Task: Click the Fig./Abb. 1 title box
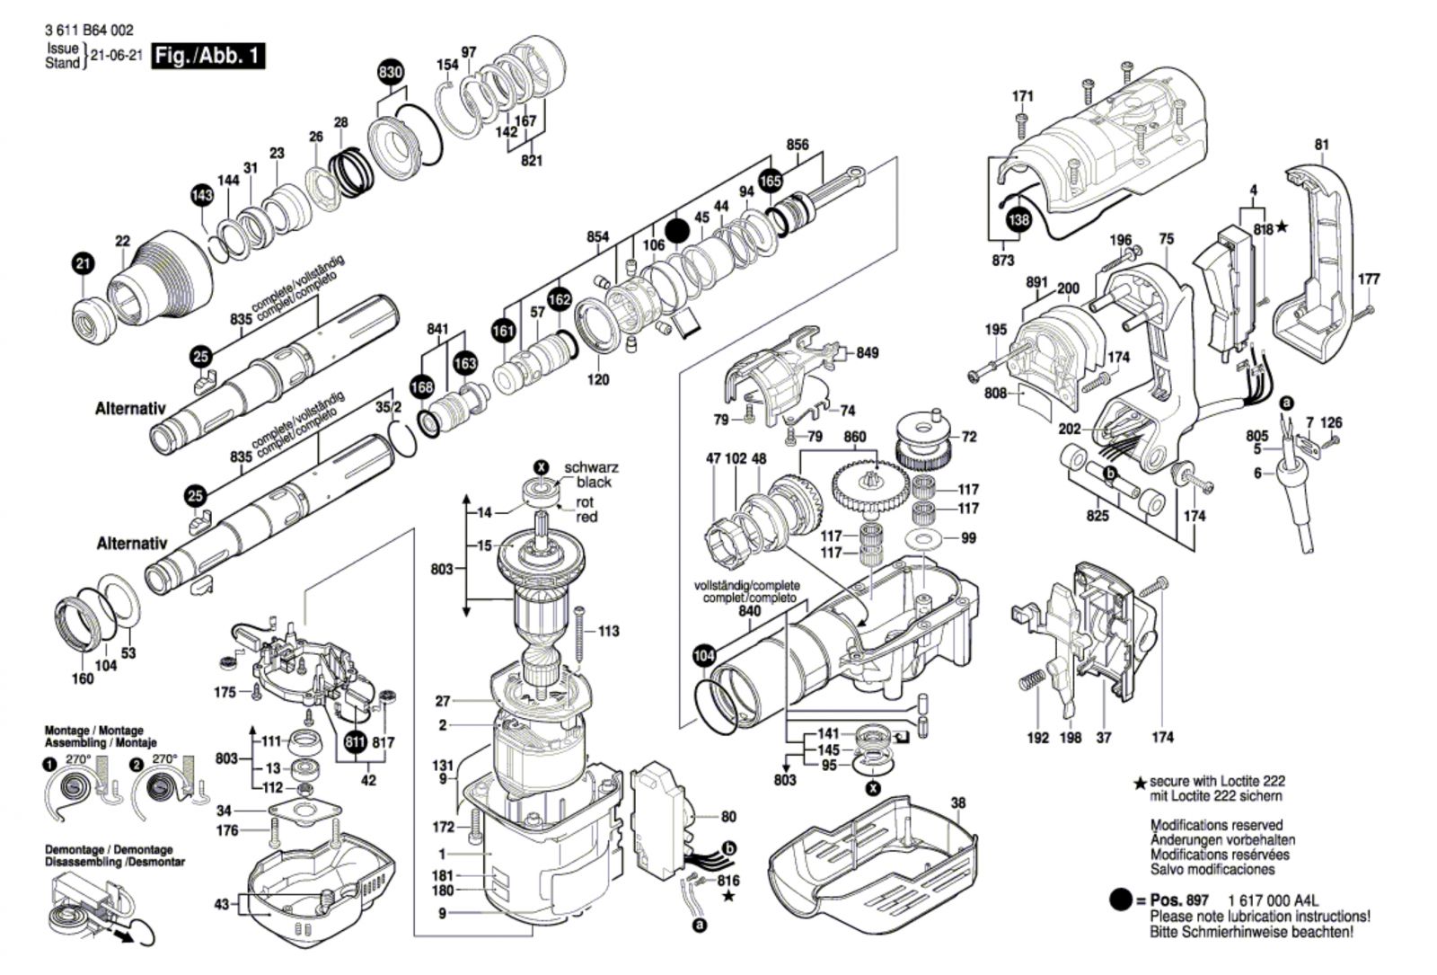[208, 56]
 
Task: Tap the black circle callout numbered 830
[390, 73]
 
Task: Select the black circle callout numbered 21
[83, 264]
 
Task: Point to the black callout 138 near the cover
[1018, 219]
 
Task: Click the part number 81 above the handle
[1321, 145]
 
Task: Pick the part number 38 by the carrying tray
[958, 803]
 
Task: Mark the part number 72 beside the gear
[968, 437]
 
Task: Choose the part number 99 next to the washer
[968, 538]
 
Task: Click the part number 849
[867, 353]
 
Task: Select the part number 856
[797, 145]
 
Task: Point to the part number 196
[1120, 240]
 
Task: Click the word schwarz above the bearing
[591, 468]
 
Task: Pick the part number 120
[598, 379]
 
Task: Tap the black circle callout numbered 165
[770, 181]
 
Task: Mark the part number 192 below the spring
[1037, 738]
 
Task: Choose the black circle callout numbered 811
[356, 743]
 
